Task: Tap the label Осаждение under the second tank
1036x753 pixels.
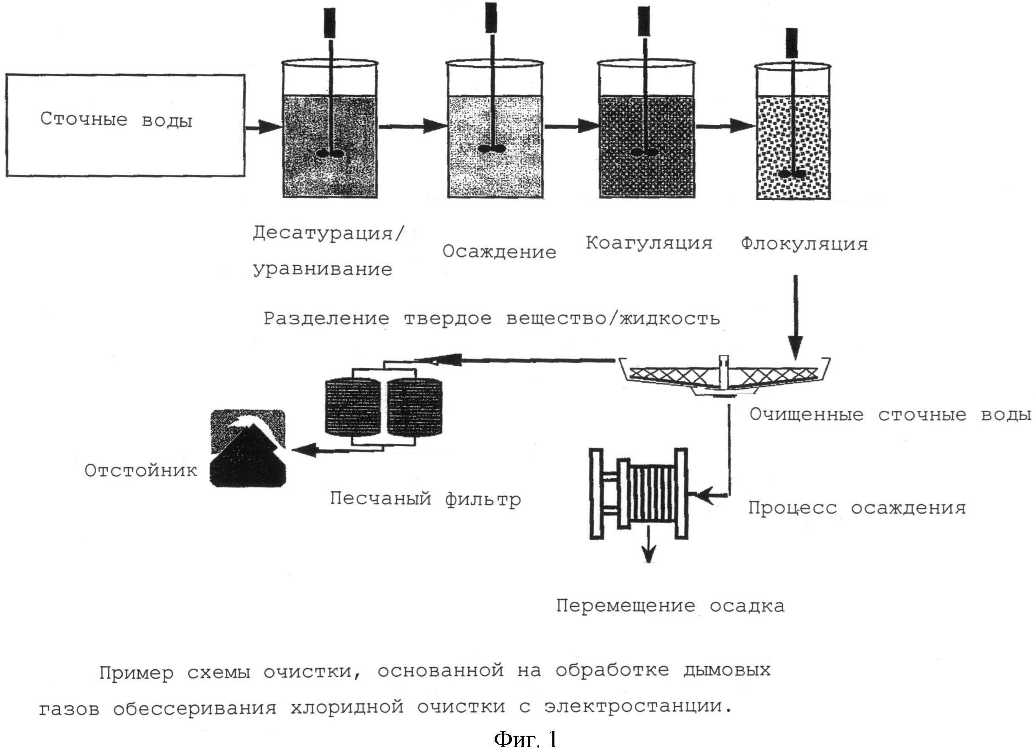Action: pos(499,252)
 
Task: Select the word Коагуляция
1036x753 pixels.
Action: pos(649,243)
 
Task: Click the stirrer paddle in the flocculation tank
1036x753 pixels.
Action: pos(791,174)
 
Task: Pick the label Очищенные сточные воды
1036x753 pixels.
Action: pos(890,415)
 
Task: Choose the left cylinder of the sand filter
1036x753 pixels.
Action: pos(352,407)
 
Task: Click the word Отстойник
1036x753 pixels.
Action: pos(141,471)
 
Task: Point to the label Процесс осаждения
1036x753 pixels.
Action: pos(857,508)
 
